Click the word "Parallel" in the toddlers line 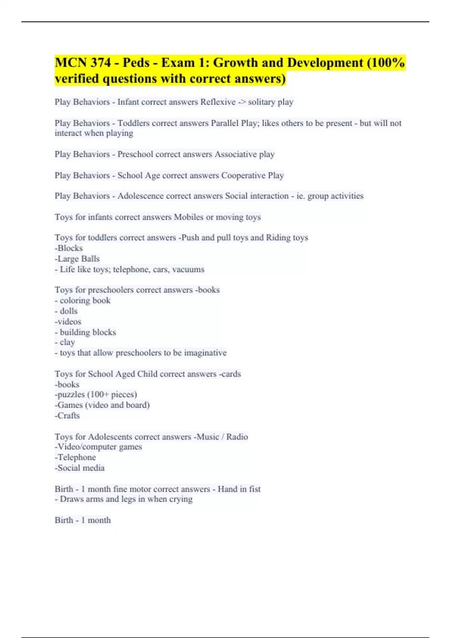click(x=225, y=123)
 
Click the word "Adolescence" click(x=141, y=196)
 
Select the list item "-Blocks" click(x=69, y=248)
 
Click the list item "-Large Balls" click(x=77, y=259)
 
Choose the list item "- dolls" click(x=66, y=311)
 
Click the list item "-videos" click(x=68, y=322)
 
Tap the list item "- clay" click(x=65, y=342)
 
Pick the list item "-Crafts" click(x=67, y=415)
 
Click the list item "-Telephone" click(x=75, y=457)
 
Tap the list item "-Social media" click(x=80, y=468)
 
